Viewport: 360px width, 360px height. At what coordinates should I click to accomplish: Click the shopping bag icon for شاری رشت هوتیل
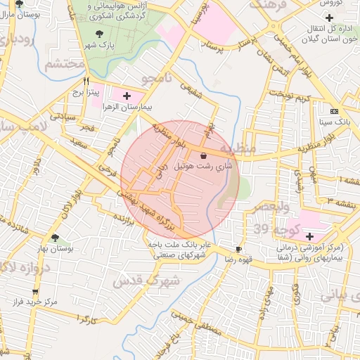[x=203, y=155]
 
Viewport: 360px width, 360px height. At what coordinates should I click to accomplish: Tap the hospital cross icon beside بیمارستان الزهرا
[x=127, y=95]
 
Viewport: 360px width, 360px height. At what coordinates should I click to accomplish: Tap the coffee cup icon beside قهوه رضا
[x=238, y=249]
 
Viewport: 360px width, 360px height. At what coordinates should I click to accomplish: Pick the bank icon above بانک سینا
[x=333, y=111]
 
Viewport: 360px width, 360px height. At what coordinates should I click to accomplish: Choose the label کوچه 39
[x=271, y=229]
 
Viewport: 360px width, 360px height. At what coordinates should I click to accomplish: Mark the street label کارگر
[x=88, y=319]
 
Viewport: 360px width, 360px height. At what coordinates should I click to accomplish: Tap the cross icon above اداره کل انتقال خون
[x=329, y=17]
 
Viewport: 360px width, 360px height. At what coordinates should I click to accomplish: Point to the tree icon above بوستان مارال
[x=19, y=3]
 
